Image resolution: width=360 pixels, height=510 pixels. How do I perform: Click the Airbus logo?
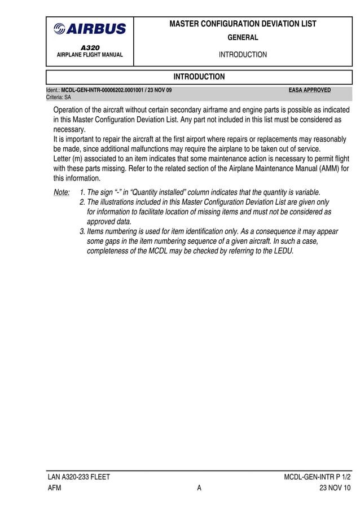[x=90, y=29]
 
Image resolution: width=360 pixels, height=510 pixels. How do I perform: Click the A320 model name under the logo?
[x=90, y=48]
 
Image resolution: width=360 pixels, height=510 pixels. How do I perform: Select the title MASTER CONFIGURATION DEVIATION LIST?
[x=243, y=24]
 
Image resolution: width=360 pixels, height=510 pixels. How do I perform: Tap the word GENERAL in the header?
[x=243, y=38]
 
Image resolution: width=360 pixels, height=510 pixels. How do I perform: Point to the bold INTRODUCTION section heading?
[x=199, y=77]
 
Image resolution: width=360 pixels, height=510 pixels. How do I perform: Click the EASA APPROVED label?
[x=309, y=90]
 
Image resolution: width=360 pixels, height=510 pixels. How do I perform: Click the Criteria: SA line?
[x=58, y=97]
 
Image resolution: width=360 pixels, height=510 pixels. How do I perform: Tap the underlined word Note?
[x=62, y=192]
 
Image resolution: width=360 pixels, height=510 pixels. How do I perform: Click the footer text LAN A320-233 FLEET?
[x=78, y=477]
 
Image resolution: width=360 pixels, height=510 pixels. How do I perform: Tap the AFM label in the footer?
[x=54, y=489]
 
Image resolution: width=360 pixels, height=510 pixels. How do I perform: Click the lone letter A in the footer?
[x=199, y=489]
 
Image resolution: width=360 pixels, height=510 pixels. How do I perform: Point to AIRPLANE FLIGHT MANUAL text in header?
[x=90, y=55]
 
